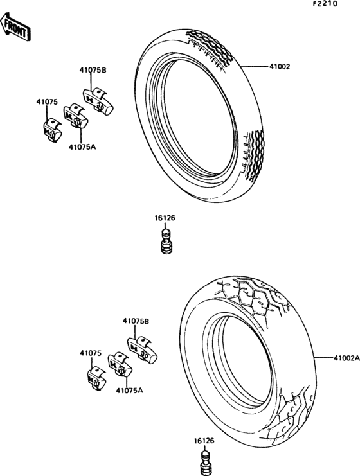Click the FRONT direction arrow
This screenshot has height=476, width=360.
(15, 28)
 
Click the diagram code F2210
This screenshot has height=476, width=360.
(325, 4)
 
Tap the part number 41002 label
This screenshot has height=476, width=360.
(280, 66)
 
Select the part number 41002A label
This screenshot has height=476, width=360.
(346, 358)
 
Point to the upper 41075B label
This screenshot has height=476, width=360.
(93, 70)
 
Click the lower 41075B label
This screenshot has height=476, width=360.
(136, 321)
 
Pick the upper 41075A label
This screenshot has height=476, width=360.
(82, 147)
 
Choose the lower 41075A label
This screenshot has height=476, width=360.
(129, 390)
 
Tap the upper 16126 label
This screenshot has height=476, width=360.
(165, 218)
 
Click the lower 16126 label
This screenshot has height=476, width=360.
(204, 441)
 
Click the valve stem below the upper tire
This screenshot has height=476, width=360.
(166, 242)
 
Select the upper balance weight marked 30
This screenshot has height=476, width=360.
(98, 101)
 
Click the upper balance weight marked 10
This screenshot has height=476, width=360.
(51, 130)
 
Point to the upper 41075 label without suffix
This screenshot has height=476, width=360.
(47, 102)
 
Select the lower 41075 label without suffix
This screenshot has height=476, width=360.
(91, 353)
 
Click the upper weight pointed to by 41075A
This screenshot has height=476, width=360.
(75, 116)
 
